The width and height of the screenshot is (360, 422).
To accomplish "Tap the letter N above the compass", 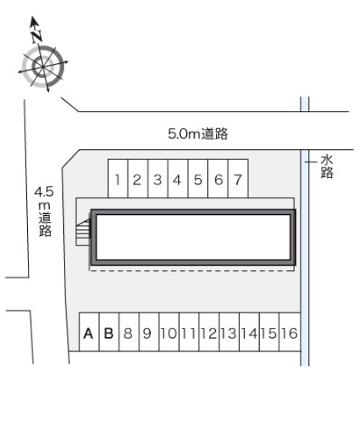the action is pos(36,37).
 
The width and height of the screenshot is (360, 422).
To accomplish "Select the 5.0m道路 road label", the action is pos(197,134).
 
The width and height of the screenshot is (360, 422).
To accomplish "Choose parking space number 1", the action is pos(118,179).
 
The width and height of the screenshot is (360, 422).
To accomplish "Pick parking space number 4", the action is pos(177,179).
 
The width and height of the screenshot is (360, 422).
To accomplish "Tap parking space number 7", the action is pos(237,179).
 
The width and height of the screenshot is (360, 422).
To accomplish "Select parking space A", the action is pos(89,334).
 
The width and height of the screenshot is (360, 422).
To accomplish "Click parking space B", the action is pos(108,334).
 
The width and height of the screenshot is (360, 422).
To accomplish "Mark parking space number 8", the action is pos(128,334).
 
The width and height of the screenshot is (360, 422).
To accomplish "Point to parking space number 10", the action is pos(167,334).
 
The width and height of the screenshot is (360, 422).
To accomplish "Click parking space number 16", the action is pos(289,334).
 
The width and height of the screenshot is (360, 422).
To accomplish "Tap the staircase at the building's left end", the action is pos(84,234).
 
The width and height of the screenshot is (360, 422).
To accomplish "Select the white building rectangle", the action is pos(193,239).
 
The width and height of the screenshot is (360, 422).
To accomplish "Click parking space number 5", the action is pos(197,179).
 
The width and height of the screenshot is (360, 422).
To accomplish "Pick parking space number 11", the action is pos(188,334).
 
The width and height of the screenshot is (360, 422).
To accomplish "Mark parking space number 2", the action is pos(137,179).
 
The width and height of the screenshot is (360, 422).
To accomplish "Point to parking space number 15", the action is pos(269,334).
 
